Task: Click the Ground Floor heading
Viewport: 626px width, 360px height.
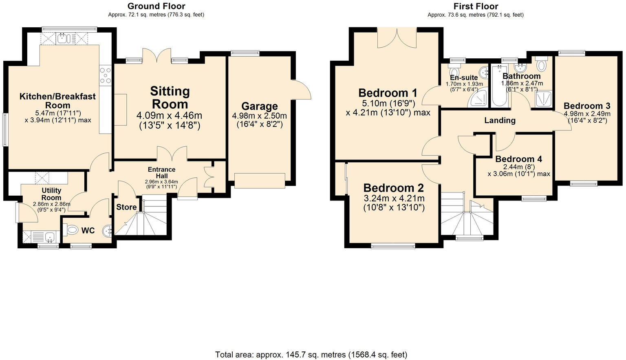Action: [x=156, y=6]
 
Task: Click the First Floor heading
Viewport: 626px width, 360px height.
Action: [x=475, y=6]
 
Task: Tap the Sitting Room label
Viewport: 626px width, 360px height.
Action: [x=170, y=97]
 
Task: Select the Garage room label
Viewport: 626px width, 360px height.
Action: [x=259, y=106]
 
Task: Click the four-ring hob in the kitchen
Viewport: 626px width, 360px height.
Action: [x=105, y=75]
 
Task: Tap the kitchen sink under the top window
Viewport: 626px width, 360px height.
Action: [x=64, y=39]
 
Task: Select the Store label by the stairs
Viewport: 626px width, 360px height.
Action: [x=126, y=207]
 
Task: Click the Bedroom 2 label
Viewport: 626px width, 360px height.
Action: [x=393, y=188]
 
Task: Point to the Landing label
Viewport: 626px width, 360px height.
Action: [x=500, y=120]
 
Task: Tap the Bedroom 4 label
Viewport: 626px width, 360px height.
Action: [x=518, y=159]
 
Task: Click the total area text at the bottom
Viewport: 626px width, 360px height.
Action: [x=311, y=354]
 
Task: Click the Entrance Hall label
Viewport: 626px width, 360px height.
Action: [x=161, y=172]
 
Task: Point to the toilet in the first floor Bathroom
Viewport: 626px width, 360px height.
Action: [x=542, y=65]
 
